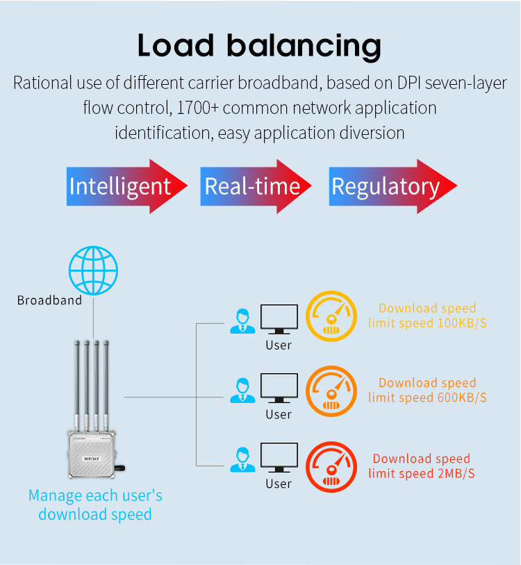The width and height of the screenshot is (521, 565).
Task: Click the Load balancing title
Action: (259, 45)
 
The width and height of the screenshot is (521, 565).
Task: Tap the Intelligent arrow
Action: (126, 186)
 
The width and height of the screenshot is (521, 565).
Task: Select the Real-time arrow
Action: (254, 186)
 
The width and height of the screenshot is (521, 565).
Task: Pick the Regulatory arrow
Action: (391, 186)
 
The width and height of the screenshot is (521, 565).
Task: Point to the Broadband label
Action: (49, 300)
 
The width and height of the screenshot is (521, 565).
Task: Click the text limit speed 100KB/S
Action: (427, 323)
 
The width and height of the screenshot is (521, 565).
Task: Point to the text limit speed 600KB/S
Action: (427, 398)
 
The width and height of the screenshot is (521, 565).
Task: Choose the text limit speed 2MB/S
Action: (422, 473)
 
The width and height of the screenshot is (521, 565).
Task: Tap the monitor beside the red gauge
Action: (279, 459)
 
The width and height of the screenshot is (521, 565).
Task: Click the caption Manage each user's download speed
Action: (95, 505)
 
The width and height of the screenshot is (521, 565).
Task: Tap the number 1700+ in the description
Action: (198, 108)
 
